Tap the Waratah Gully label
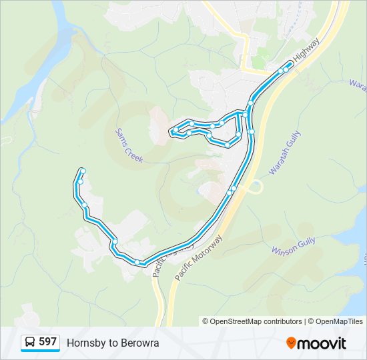point(286,153)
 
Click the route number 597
point(47,342)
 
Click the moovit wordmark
point(322,343)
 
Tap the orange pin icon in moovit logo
point(291,343)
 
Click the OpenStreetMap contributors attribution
point(256,321)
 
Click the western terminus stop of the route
point(82,171)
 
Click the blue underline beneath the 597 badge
point(40,351)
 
